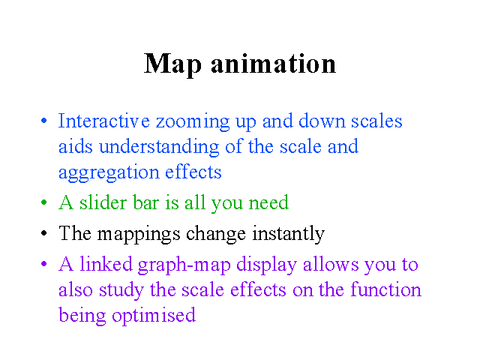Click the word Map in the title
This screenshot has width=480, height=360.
pyautogui.click(x=172, y=65)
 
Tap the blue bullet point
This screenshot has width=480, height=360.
pyautogui.click(x=44, y=120)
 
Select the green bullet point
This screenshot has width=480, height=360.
pyautogui.click(x=44, y=202)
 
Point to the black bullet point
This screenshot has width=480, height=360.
pyautogui.click(x=44, y=233)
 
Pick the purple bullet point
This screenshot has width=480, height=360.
pyautogui.click(x=44, y=263)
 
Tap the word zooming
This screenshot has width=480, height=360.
pyautogui.click(x=193, y=122)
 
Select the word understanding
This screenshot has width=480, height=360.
pyautogui.click(x=159, y=148)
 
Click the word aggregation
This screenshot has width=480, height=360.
pyautogui.click(x=109, y=173)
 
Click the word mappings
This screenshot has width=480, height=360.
pyautogui.click(x=139, y=235)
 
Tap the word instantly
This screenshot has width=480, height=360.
pyautogui.click(x=288, y=235)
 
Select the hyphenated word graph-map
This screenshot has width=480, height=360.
pyautogui.click(x=184, y=265)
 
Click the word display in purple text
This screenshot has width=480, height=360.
pyautogui.click(x=267, y=265)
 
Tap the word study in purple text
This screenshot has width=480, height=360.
pyautogui.click(x=121, y=291)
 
